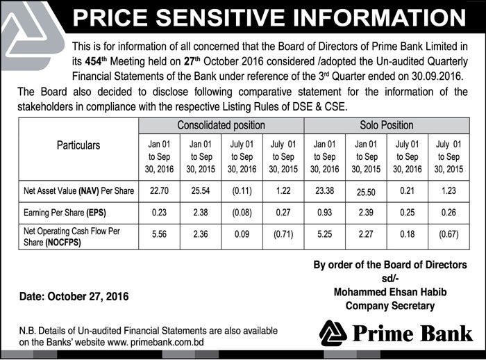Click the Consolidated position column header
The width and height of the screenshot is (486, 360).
pyautogui.click(x=221, y=126)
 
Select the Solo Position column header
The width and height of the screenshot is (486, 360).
pyautogui.click(x=387, y=126)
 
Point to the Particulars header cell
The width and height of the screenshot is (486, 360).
pyautogui.click(x=78, y=146)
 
